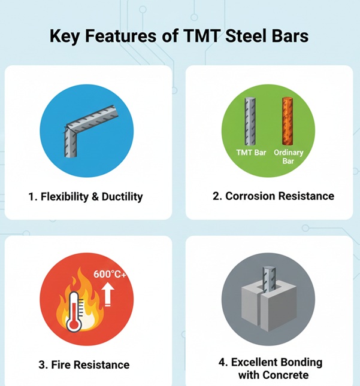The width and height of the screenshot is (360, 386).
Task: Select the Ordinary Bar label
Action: (289, 157)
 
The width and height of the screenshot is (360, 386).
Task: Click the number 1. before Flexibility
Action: (32, 196)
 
